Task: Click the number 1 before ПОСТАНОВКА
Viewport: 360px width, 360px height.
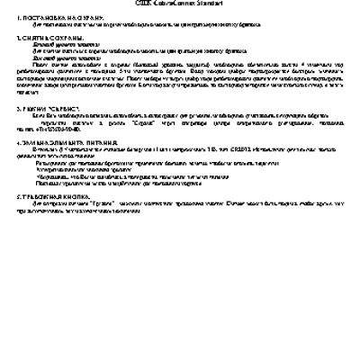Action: tap(19, 17)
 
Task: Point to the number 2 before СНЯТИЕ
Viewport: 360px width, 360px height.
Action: tap(19, 39)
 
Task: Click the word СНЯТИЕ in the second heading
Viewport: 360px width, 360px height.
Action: tap(34, 39)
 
